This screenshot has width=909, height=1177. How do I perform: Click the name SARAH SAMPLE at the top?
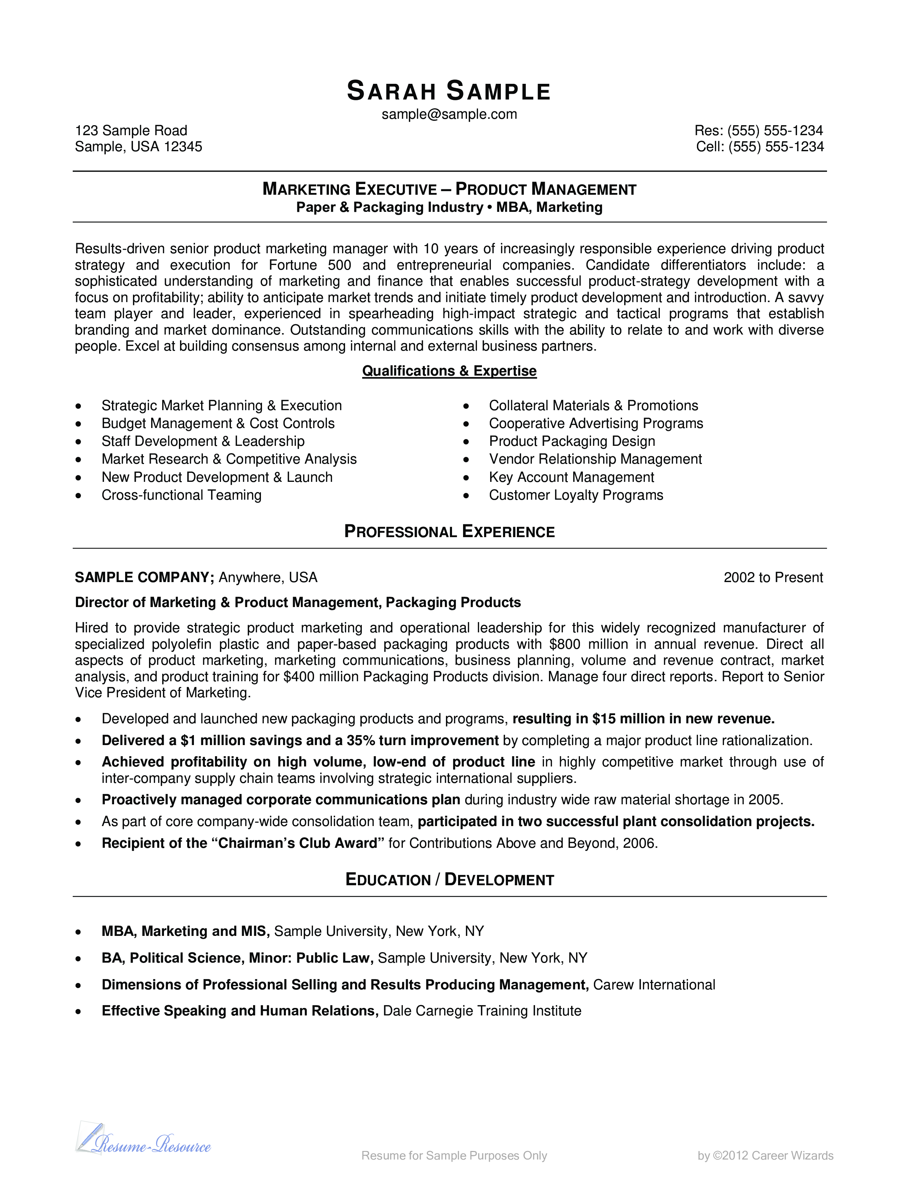tap(448, 91)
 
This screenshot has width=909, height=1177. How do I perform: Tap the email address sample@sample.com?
tap(449, 114)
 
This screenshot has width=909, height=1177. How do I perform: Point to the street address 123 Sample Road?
tap(131, 131)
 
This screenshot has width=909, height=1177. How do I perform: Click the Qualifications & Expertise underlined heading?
tap(449, 371)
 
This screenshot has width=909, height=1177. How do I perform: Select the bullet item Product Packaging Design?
tap(572, 441)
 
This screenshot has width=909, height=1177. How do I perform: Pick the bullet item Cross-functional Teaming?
tap(181, 495)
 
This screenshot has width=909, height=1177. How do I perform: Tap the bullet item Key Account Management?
tap(571, 477)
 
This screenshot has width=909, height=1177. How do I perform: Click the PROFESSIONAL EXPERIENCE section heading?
tap(449, 532)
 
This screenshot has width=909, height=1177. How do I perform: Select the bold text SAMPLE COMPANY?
tap(144, 577)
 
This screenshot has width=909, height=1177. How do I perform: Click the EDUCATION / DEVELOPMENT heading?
tap(449, 880)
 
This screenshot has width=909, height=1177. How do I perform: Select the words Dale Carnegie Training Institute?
tap(482, 1010)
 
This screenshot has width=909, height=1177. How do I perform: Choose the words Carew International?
tap(654, 985)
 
